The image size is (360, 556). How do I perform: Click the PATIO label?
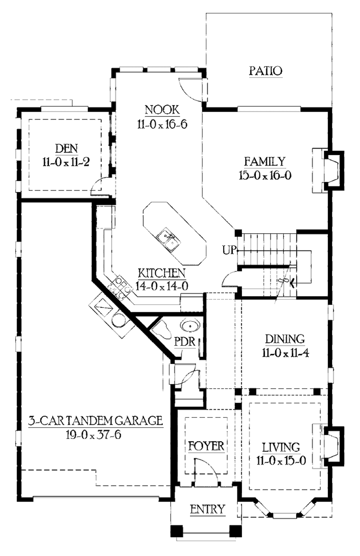[265, 71]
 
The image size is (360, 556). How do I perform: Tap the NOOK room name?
[162, 110]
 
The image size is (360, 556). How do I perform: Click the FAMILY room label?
[265, 161]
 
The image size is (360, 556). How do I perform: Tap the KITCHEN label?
[161, 273]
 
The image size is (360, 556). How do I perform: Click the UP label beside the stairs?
[229, 250]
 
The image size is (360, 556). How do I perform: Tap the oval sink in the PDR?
[190, 326]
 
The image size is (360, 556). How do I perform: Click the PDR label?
[185, 341]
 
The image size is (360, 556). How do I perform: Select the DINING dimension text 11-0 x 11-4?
[285, 353]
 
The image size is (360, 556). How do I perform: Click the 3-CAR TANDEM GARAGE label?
[95, 421]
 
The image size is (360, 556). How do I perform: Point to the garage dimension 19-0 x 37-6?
[94, 435]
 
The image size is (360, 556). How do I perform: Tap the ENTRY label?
[207, 509]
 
